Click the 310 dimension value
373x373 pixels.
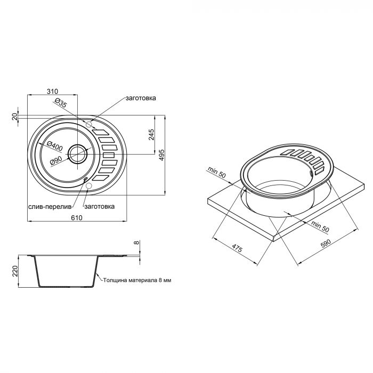tap(52, 92)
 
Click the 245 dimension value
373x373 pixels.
tap(151, 135)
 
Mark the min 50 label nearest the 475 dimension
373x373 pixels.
tap(217, 173)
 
